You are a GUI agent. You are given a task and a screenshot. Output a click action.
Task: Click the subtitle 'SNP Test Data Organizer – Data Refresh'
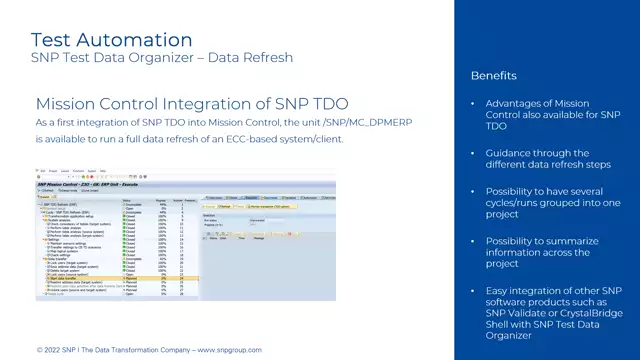tap(162, 57)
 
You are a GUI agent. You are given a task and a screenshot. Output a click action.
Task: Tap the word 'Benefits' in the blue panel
tap(493, 76)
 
